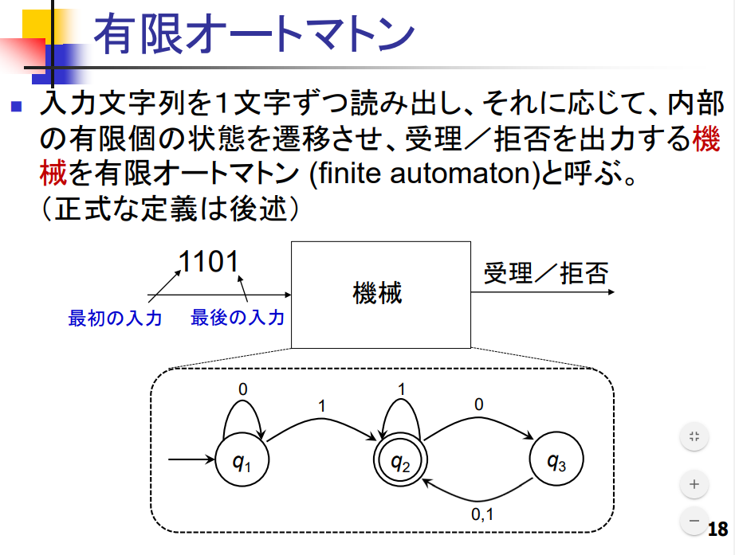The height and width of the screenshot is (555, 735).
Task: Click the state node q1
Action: [x=242, y=461]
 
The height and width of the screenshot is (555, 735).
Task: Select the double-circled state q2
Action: [x=400, y=462]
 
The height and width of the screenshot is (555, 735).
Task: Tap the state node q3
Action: [x=556, y=461]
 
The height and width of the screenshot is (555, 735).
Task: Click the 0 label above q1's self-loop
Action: [x=243, y=389]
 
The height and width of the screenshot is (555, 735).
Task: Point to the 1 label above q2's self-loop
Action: [x=401, y=389]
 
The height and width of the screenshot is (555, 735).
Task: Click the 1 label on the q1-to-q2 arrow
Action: [x=321, y=406]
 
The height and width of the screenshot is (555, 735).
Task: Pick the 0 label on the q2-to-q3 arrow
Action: [x=478, y=405]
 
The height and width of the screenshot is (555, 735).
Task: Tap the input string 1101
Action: [x=209, y=262]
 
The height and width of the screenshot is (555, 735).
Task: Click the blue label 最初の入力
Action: [x=115, y=319]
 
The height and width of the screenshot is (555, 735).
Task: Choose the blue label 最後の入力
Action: [x=238, y=319]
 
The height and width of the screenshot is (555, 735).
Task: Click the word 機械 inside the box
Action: [x=378, y=293]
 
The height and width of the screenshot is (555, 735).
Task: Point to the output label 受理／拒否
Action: [x=545, y=274]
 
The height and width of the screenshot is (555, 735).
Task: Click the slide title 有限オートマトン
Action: [x=254, y=36]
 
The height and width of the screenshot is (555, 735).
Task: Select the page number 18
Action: [x=717, y=530]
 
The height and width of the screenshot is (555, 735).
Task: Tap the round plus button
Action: [x=694, y=483]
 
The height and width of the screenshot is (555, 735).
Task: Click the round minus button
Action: [x=694, y=521]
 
